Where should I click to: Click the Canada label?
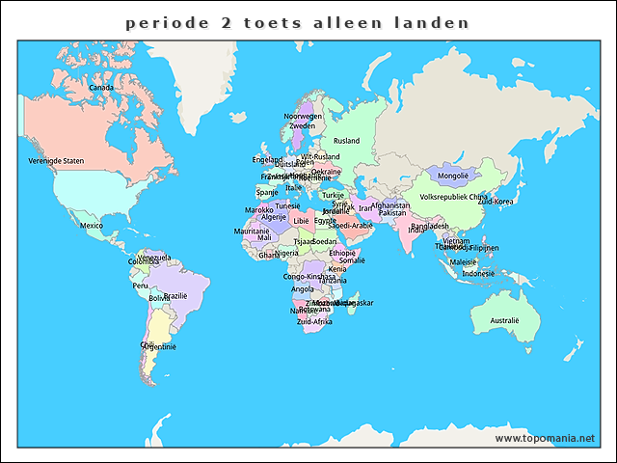[101, 88]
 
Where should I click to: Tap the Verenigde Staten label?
[56, 160]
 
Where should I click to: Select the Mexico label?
[92, 226]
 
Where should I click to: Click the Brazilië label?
[175, 296]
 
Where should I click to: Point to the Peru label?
[141, 286]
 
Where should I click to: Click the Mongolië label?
[453, 176]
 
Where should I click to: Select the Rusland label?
[346, 141]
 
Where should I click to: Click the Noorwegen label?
[302, 116]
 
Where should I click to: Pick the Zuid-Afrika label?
[314, 321]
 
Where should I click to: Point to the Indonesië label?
[478, 273]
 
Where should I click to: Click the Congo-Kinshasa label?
[308, 276]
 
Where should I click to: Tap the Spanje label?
[267, 192]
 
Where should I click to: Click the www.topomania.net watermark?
[545, 438]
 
